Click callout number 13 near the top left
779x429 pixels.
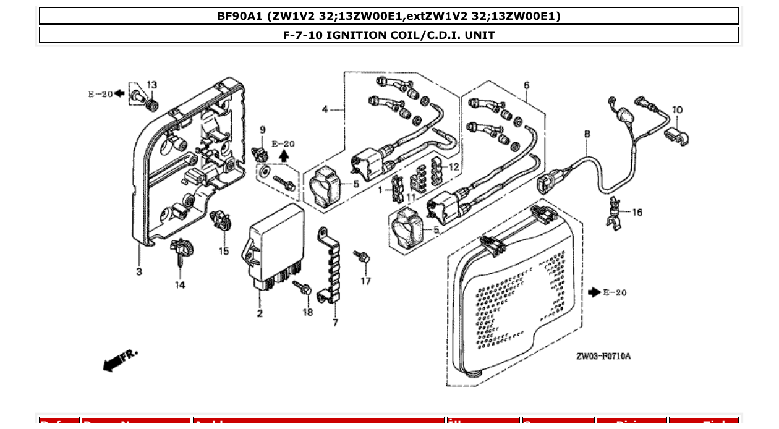(x=151, y=85)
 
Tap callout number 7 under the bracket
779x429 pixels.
(x=335, y=322)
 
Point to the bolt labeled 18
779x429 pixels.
(x=304, y=288)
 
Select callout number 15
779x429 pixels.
(x=223, y=251)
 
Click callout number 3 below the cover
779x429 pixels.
(x=139, y=271)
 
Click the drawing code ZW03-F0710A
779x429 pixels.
(x=603, y=356)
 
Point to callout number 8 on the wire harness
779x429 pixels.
(x=587, y=133)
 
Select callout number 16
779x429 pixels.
(x=637, y=212)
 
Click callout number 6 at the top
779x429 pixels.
(x=526, y=85)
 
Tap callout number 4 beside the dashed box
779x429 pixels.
(x=325, y=109)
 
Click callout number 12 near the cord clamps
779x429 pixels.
(x=454, y=166)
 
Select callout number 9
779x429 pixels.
(x=262, y=129)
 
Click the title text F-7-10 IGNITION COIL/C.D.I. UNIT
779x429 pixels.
(x=389, y=35)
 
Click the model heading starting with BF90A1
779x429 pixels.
(x=389, y=16)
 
